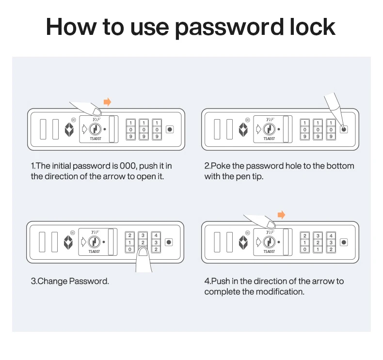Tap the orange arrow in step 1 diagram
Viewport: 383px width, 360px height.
point(107,102)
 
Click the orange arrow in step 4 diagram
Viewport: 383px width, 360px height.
point(281,215)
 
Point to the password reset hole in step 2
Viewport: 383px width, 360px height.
point(344,129)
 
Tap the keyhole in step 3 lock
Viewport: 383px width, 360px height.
point(96,242)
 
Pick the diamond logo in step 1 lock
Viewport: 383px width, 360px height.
point(69,129)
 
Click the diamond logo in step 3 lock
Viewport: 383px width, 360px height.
point(68,242)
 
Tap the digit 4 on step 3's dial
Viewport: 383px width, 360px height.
point(156,235)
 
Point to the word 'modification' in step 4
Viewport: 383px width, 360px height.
point(280,292)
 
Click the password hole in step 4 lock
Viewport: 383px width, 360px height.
point(344,242)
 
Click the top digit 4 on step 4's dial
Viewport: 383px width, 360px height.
point(331,235)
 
